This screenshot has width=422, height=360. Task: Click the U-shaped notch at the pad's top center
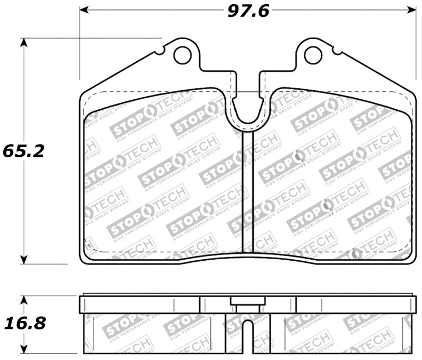[x=247, y=113]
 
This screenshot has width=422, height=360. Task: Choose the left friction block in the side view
[x=153, y=333]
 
